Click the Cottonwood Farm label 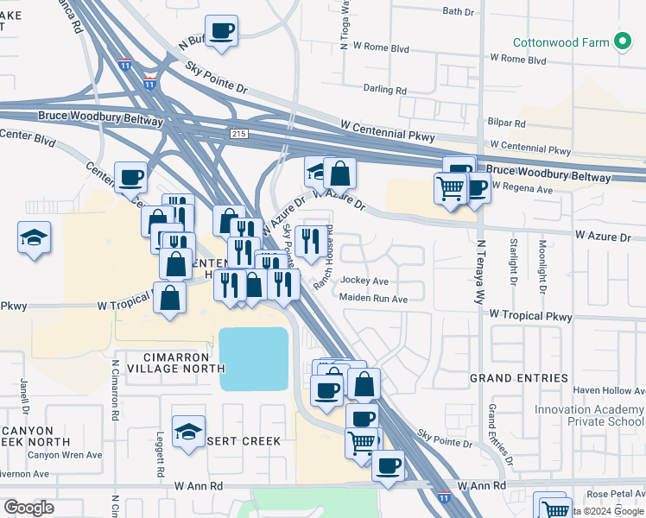point(561,41)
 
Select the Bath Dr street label point(459,11)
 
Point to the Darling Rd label point(385,90)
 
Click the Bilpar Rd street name point(506,124)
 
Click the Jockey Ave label point(364,281)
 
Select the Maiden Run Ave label point(373,299)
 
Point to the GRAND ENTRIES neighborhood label point(519,378)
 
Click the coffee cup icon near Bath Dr point(222,31)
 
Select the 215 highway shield point(239,133)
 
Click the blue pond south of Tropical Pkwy point(253,358)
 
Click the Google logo point(28,508)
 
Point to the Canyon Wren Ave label point(65,455)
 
